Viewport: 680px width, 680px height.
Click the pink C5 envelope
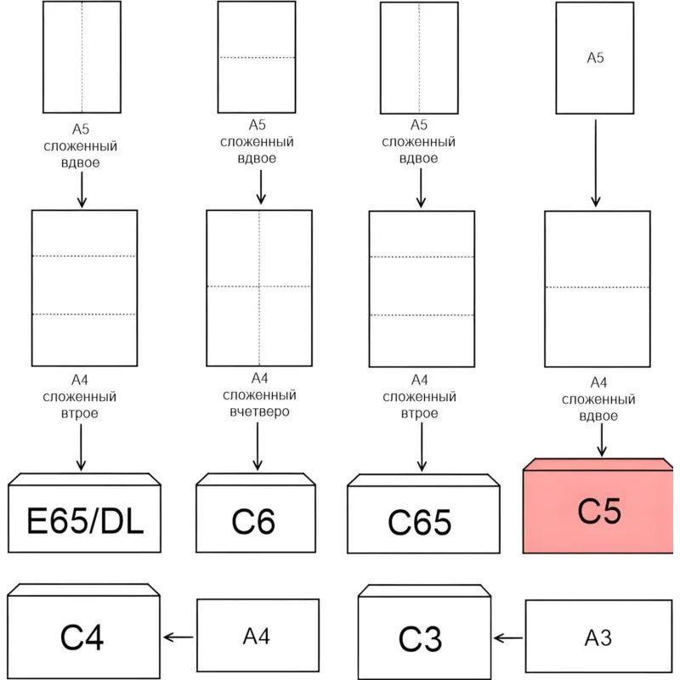point(599,510)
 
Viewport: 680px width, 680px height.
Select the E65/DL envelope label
point(85,521)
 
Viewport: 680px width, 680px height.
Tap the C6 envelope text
point(253,521)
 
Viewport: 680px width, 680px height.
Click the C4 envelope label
point(82,637)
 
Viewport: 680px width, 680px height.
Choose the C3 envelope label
point(421,638)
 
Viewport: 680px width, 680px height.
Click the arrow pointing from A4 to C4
point(179,637)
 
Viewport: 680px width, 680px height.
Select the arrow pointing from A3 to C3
point(508,637)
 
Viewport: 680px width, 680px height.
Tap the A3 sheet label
point(598,637)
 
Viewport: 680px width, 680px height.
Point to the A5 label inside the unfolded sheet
point(595,58)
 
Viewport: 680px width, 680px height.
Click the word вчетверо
point(260,411)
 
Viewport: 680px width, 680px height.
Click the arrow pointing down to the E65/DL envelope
point(82,447)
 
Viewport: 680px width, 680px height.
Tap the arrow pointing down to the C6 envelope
point(258,447)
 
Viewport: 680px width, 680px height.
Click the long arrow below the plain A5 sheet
point(595,161)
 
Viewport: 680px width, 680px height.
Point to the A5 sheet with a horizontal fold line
point(257,57)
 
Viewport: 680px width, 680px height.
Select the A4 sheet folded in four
point(259,286)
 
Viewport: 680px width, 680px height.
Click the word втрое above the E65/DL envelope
point(82,413)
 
